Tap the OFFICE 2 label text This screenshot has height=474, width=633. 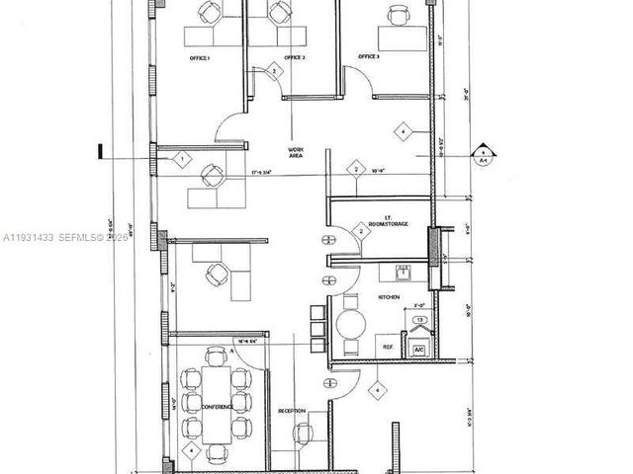pyautogui.click(x=295, y=59)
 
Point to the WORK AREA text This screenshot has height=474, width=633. pyautogui.click(x=295, y=151)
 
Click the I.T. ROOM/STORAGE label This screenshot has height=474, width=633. pyautogui.click(x=384, y=221)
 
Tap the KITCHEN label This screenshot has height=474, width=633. pyautogui.click(x=389, y=296)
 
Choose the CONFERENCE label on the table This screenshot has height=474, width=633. pyautogui.click(x=217, y=407)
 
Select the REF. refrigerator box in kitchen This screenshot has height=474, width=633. pyautogui.click(x=388, y=348)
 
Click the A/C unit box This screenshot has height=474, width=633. pyautogui.click(x=419, y=349)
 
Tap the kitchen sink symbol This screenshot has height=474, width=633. pyautogui.click(x=403, y=273)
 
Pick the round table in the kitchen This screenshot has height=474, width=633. pyautogui.click(x=352, y=323)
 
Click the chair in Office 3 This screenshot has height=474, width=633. pyautogui.click(x=398, y=15)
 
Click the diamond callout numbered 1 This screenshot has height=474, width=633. pyautogui.click(x=182, y=158)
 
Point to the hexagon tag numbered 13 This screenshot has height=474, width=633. pyautogui.click(x=419, y=321)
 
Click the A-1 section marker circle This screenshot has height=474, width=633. pyautogui.click(x=483, y=155)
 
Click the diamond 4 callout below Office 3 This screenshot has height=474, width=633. pyautogui.click(x=403, y=129)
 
